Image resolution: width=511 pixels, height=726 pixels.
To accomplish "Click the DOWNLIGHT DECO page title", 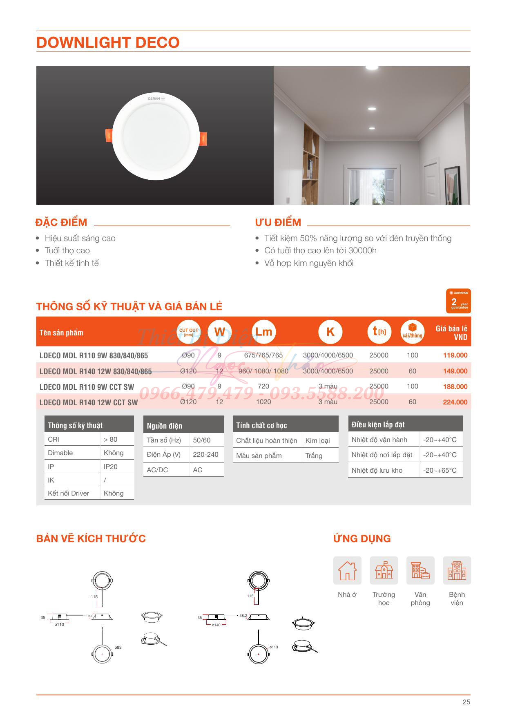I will [x=108, y=42].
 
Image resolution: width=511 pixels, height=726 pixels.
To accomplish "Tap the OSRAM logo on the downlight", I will [x=154, y=99].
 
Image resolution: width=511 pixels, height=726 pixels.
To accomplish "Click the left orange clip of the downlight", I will [x=109, y=135].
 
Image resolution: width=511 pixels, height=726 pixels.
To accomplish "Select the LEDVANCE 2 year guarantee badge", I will [x=458, y=301].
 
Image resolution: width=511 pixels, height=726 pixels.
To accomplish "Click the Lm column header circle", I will [x=263, y=332].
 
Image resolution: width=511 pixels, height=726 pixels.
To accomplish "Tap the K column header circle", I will [x=330, y=332].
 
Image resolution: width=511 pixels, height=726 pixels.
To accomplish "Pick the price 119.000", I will [x=455, y=355].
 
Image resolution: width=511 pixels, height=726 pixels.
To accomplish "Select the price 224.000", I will [x=455, y=402].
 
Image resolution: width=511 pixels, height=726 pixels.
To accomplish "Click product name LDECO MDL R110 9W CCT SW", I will [x=87, y=387].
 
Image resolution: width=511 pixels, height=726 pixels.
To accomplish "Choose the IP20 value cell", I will [x=111, y=467].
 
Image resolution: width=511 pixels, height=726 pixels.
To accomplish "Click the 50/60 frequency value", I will [x=202, y=440].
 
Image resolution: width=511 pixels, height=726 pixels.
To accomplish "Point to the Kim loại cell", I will [x=317, y=440].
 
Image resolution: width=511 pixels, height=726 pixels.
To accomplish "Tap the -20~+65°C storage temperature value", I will [x=440, y=471].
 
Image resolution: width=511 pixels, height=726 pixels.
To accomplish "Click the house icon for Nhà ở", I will [x=347, y=570].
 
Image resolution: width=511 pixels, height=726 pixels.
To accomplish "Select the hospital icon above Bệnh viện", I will [x=457, y=570].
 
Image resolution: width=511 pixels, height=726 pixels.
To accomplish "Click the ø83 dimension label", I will [x=118, y=648].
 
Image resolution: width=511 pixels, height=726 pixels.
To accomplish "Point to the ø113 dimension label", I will [x=274, y=647].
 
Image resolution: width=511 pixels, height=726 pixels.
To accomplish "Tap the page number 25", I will [x=466, y=702].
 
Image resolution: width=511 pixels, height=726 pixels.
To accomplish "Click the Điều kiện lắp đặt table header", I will [x=378, y=425].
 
